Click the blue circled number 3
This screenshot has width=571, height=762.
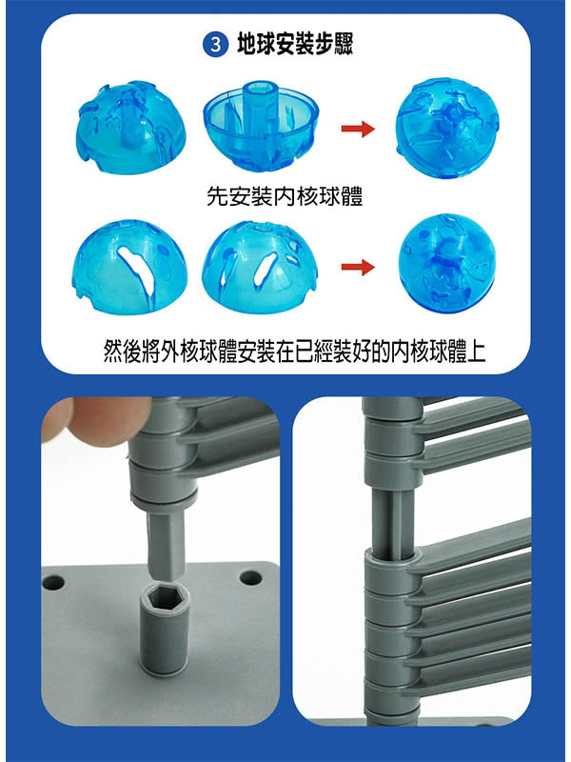215,45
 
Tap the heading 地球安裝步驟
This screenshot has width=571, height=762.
295,45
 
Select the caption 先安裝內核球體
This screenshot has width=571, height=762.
285,197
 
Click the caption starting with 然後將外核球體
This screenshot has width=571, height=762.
294,351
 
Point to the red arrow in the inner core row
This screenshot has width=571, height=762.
358,130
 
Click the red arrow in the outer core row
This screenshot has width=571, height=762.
358,267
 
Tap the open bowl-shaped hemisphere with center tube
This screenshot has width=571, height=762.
261,126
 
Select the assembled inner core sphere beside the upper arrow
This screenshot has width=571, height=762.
447,128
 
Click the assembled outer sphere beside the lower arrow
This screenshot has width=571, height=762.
446,263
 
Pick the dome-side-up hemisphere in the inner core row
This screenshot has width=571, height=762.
130,128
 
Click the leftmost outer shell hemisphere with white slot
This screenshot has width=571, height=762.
129,267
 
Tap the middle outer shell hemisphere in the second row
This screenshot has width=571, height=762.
260,268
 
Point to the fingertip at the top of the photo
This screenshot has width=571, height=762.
97,416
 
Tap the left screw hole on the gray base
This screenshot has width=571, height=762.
53,582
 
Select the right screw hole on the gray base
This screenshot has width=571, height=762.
251,577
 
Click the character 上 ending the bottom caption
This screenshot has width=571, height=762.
474,351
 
